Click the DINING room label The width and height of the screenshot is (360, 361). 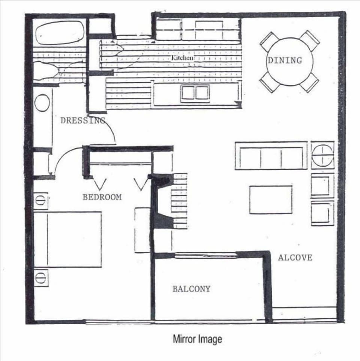click(284, 60)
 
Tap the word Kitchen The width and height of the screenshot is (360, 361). click(183, 58)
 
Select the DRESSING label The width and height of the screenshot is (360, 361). click(82, 120)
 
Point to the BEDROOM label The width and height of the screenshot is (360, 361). click(102, 197)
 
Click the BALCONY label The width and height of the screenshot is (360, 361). click(191, 289)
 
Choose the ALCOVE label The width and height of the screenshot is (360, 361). click(295, 258)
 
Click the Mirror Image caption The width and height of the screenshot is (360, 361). click(197, 339)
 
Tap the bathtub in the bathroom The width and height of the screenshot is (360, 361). click(60, 33)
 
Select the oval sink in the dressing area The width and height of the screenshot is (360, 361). click(42, 103)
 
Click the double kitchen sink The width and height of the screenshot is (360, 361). click(195, 93)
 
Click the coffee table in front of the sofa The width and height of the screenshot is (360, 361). click(271, 199)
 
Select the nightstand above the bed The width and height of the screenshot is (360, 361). click(41, 201)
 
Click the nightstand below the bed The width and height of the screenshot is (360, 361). click(41, 278)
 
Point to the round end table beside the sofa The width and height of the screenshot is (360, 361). click(322, 155)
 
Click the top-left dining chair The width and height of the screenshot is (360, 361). click(269, 41)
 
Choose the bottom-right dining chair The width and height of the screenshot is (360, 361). click(309, 82)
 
